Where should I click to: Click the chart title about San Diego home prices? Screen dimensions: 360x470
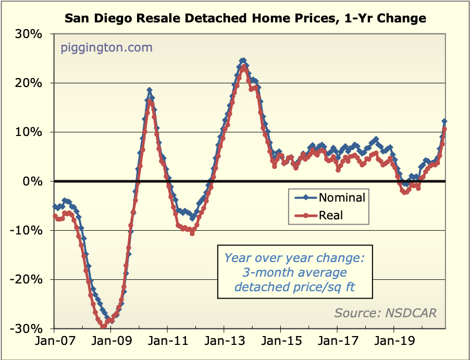pos(245,19)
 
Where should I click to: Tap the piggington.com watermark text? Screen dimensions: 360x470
pos(107,48)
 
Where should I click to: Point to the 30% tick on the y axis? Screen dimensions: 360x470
pos(32,34)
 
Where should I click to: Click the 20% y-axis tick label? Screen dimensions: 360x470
pos(32,83)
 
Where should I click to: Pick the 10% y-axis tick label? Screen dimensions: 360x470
pos(32,132)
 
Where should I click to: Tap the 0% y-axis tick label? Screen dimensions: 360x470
pos(35,181)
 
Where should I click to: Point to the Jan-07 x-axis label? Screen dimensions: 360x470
pos(54,344)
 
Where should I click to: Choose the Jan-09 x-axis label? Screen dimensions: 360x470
pos(110,344)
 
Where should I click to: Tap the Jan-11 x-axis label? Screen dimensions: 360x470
pos(167,344)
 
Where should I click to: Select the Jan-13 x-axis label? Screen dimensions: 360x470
pos(224,344)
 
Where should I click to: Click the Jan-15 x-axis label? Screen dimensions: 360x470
pos(280,344)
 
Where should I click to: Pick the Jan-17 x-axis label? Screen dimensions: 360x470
pos(337,344)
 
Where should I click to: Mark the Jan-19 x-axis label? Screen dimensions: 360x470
pos(393,344)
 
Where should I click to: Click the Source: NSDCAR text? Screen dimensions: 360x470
pos(386,313)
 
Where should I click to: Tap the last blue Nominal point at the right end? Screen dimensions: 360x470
pos(444,121)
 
